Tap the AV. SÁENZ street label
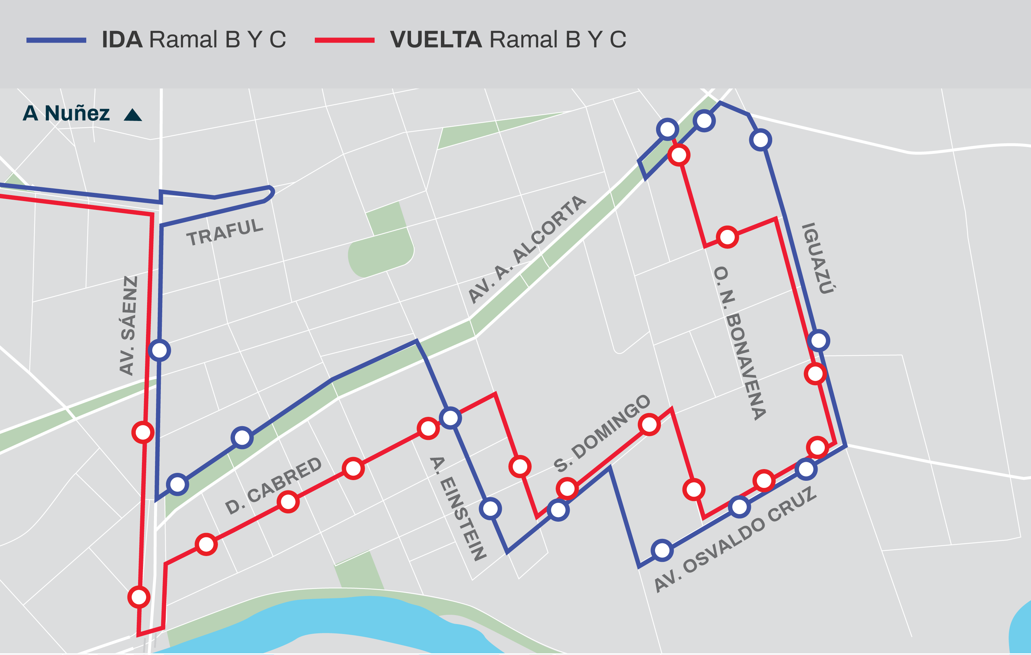pos(129,325)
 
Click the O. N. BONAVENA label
pos(740,343)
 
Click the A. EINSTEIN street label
pos(458,508)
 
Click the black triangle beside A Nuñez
pos(133,115)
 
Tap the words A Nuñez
pos(66,113)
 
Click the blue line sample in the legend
pos(56,40)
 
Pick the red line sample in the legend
pos(344,40)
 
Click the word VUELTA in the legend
pos(436,40)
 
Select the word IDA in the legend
pos(122,40)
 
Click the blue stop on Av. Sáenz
pos(159,351)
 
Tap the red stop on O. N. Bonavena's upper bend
pos(727,237)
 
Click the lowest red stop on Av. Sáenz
pos(139,597)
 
